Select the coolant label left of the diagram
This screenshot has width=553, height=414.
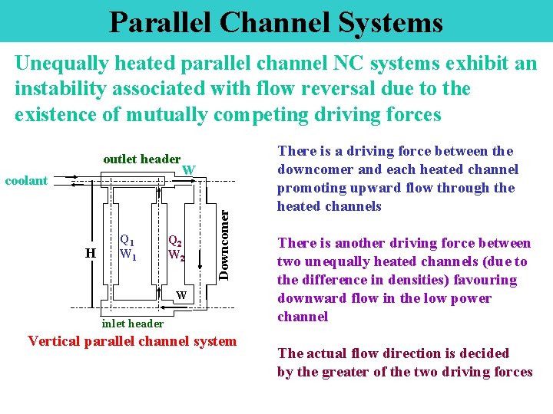tap(26, 181)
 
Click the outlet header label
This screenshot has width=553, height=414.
tap(141, 159)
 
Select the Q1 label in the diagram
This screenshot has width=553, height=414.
tap(127, 239)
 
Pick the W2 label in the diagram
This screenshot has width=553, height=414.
tap(177, 255)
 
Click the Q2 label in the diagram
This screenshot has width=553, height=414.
tap(175, 240)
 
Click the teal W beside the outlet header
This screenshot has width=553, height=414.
tap(189, 169)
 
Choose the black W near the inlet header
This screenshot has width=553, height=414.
tap(181, 296)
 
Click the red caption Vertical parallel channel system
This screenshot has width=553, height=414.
tap(132, 341)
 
